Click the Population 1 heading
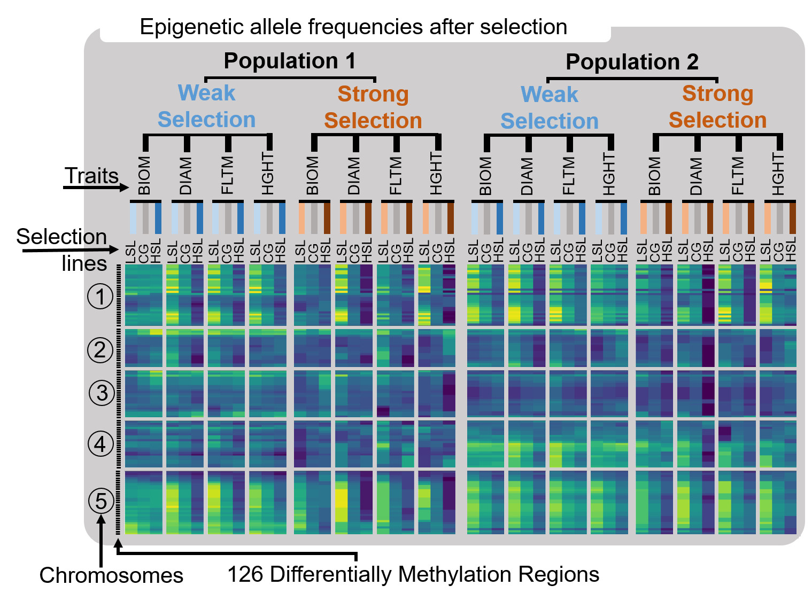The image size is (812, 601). [289, 61]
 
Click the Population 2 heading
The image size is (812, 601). [632, 62]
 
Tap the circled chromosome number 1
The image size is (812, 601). [100, 296]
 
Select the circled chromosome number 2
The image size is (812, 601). [100, 350]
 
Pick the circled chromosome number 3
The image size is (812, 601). [102, 393]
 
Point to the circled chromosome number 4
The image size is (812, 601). [100, 444]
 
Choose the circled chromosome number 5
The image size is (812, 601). [101, 501]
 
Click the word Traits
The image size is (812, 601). [91, 176]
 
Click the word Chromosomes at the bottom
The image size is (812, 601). [111, 575]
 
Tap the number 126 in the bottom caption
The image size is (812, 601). [245, 574]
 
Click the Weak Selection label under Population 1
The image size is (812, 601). [206, 106]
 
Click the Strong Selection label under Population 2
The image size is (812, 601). [717, 107]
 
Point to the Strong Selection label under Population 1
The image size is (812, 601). [373, 107]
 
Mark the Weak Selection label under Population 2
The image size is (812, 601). [550, 108]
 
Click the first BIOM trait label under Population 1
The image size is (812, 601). [144, 175]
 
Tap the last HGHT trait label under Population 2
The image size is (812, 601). [778, 174]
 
